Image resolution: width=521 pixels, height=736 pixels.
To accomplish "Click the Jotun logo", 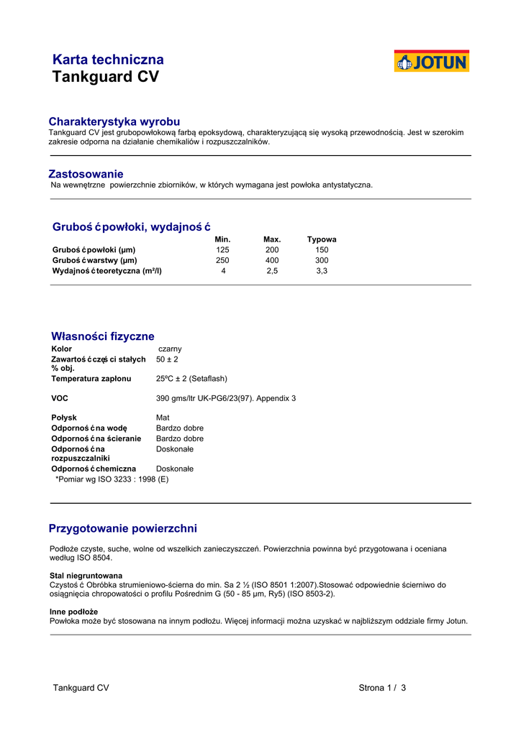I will tap(431, 61).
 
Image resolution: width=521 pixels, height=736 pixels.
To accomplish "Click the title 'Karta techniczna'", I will tap(108, 60).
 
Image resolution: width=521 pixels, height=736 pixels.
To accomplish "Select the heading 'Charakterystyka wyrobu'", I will tap(114, 121).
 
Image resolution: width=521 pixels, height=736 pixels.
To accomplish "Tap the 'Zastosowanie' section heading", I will tap(86, 174).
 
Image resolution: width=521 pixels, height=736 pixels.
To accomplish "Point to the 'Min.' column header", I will tap(222, 239).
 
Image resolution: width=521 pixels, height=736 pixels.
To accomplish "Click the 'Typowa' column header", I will tap(322, 239).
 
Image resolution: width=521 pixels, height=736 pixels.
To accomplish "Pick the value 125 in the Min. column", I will tap(222, 250).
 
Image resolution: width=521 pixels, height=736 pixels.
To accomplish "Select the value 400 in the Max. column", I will tap(272, 260).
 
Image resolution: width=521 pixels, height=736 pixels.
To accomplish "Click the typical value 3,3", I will tap(322, 271).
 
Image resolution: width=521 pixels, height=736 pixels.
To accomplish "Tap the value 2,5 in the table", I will tap(272, 271).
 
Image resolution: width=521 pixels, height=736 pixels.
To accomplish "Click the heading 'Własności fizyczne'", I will tap(102, 336).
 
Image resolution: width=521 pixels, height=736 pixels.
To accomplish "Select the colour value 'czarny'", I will tap(170, 349).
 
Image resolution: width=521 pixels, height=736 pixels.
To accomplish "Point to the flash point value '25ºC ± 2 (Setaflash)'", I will tap(191, 378).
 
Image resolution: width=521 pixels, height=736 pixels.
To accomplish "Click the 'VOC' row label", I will tap(60, 398).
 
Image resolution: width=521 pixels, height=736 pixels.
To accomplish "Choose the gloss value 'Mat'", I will tap(163, 418).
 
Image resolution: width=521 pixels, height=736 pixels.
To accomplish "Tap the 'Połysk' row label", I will tap(64, 418).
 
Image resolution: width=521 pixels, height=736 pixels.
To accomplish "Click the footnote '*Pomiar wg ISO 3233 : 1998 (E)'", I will tap(112, 479).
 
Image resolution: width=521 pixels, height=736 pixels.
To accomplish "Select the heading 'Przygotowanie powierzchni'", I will tap(122, 529).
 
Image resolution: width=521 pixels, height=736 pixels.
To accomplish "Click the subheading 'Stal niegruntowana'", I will tap(86, 576).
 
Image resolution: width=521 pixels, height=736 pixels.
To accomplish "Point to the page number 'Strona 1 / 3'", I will tap(382, 688).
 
